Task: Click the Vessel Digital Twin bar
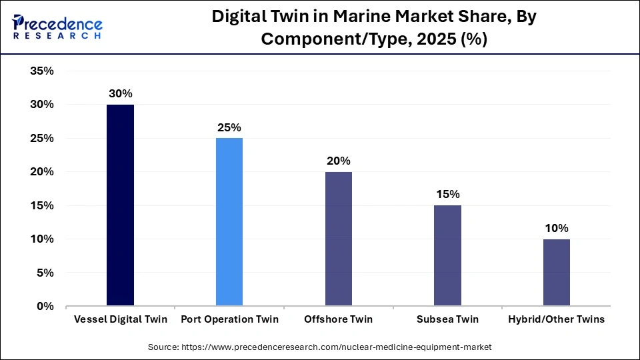click(x=120, y=205)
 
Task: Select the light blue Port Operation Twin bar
click(x=229, y=222)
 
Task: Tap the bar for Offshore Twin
click(x=338, y=239)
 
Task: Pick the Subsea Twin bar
click(x=447, y=255)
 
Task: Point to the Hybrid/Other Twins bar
click(x=556, y=272)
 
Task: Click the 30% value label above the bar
click(x=120, y=94)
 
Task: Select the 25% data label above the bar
click(x=229, y=127)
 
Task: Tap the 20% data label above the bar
click(x=338, y=161)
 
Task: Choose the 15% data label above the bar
click(x=447, y=195)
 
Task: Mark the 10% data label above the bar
click(x=556, y=228)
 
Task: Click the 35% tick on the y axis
click(x=41, y=71)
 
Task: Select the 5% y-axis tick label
click(x=45, y=273)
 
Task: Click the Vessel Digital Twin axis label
click(x=120, y=319)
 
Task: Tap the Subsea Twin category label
click(x=447, y=319)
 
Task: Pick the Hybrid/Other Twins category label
click(x=556, y=319)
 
